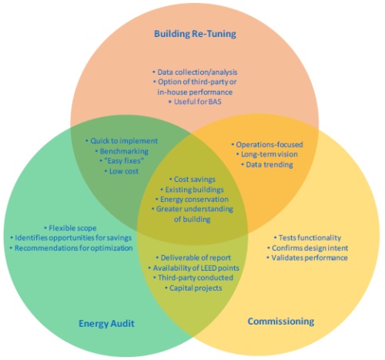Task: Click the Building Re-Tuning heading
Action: tap(195, 34)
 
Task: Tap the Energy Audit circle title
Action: tap(106, 323)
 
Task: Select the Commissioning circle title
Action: tap(281, 321)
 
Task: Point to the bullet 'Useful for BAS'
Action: tap(195, 102)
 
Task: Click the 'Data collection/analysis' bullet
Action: tap(195, 72)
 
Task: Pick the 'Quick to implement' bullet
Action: tap(122, 141)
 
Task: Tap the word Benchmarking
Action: tap(124, 151)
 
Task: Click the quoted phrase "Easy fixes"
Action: tap(124, 161)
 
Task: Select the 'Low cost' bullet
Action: tap(122, 171)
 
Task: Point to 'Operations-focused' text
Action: tap(267, 144)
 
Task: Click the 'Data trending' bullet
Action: tap(267, 164)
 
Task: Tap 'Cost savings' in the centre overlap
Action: tap(192, 180)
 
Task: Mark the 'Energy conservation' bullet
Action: tap(192, 200)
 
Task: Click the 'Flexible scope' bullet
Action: tap(70, 228)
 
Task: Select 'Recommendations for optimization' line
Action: tap(71, 248)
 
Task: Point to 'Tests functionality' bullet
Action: tap(307, 237)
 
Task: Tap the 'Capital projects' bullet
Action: tap(193, 288)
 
